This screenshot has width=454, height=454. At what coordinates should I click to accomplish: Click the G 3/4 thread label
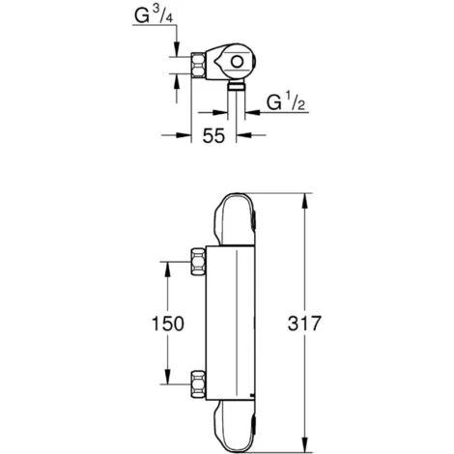click(154, 16)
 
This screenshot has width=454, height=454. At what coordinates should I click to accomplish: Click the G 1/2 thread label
click(286, 103)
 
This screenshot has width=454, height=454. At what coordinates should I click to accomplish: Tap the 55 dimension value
click(213, 135)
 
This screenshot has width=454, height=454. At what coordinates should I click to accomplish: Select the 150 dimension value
click(168, 324)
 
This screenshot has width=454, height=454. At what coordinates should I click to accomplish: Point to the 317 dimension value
click(304, 324)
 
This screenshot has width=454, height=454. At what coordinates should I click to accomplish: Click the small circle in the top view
click(237, 62)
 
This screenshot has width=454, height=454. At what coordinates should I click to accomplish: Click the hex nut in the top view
click(198, 66)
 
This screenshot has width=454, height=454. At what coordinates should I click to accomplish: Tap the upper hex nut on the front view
click(198, 262)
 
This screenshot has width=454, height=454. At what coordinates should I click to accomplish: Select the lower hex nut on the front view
click(198, 384)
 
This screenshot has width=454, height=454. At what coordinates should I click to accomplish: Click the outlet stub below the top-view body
click(237, 86)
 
